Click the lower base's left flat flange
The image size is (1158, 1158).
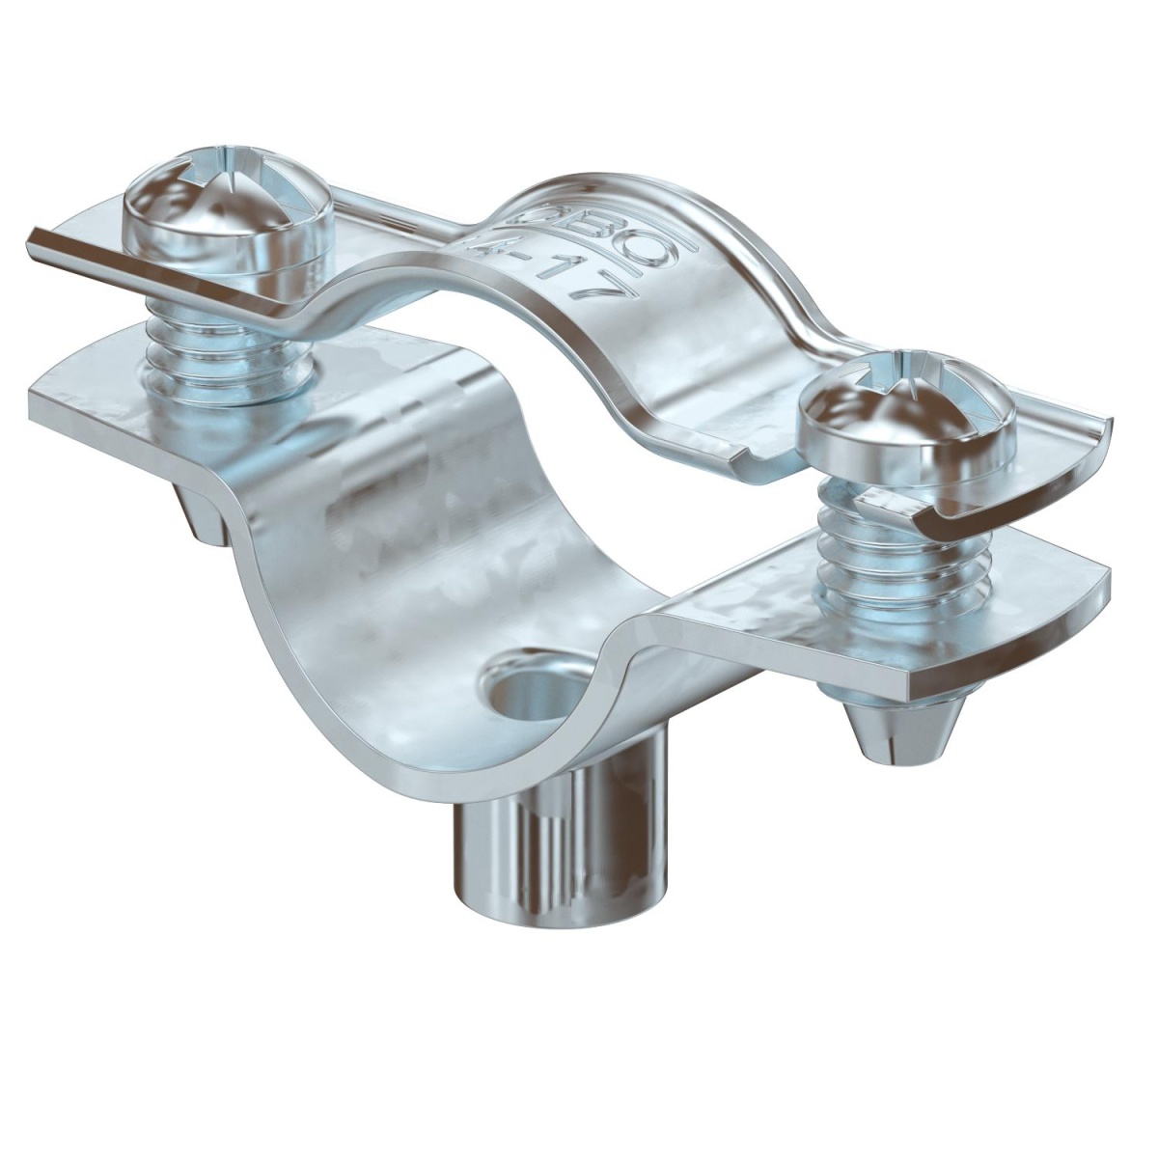coord(116,396)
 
